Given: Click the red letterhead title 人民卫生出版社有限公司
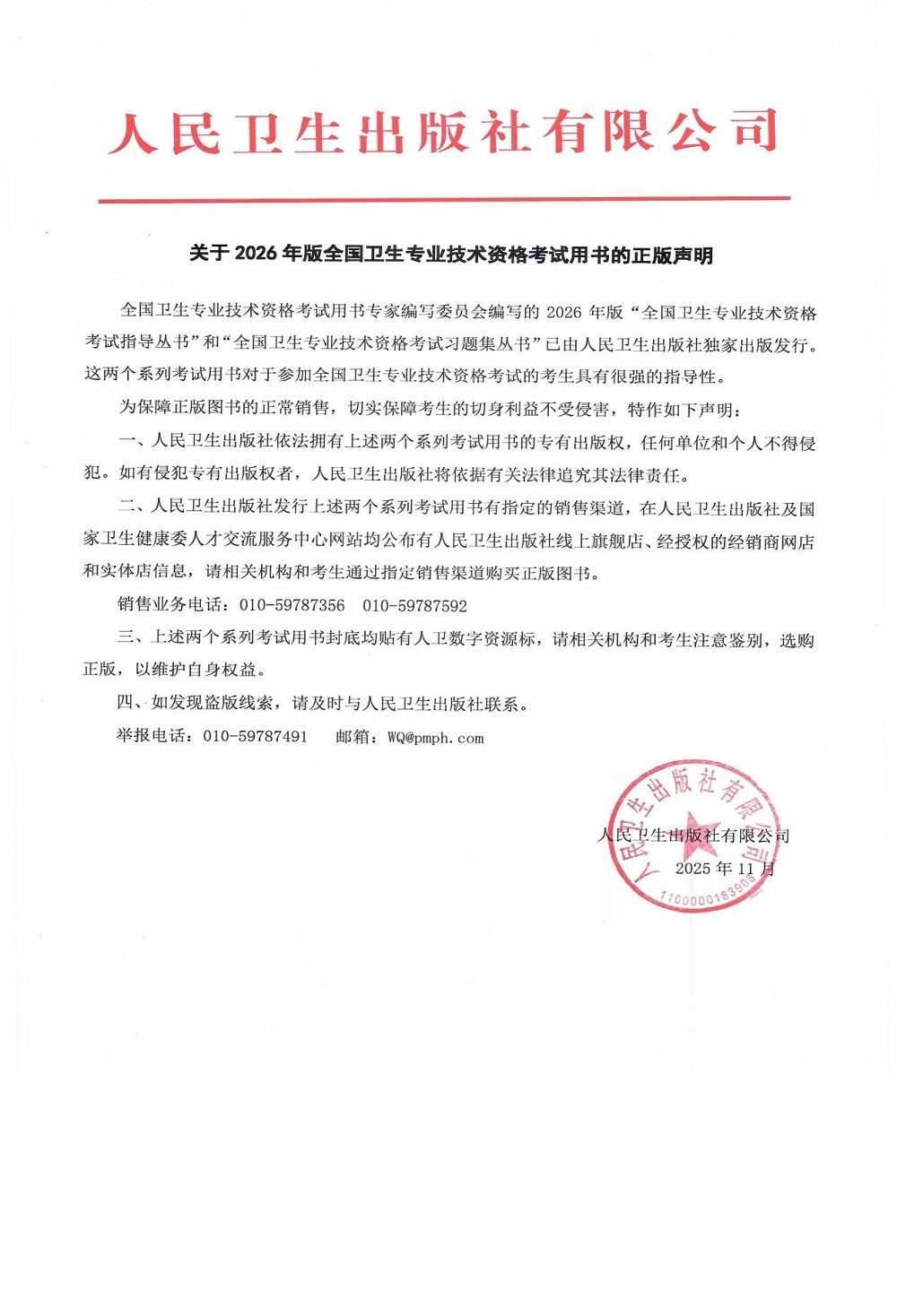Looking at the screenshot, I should [x=443, y=133].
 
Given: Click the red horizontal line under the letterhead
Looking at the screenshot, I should [x=443, y=199].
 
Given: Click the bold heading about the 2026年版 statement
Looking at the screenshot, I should [x=450, y=255].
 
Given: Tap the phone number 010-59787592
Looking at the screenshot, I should [x=414, y=606].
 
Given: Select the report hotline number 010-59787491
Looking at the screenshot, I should [x=255, y=737].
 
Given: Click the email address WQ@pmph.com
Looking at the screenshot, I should [x=435, y=738].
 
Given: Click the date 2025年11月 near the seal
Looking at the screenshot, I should [x=724, y=869].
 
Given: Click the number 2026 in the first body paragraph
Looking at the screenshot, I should [x=563, y=313].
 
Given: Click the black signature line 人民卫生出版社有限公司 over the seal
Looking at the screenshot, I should [x=693, y=836].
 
